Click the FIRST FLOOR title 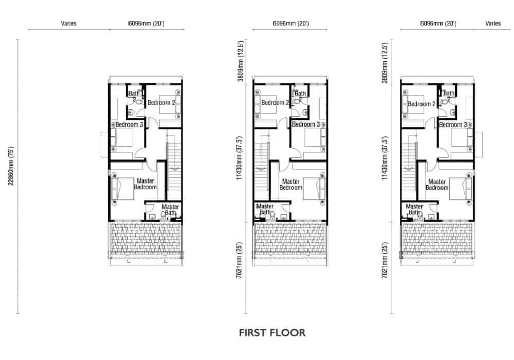point(272,333)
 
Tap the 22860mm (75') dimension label point(11,166)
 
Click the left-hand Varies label point(68,23)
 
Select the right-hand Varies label point(493,23)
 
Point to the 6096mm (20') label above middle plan point(291,23)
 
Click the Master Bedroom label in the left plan point(145,184)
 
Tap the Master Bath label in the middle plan point(265,209)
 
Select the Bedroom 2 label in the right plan point(421,104)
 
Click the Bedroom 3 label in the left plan point(129,125)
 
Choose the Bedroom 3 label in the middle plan point(306,124)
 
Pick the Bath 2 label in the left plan point(134,96)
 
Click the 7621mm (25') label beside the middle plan point(240,260)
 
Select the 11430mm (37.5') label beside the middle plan point(240,158)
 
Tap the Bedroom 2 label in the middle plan point(275,103)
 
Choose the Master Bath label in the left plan point(171,210)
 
